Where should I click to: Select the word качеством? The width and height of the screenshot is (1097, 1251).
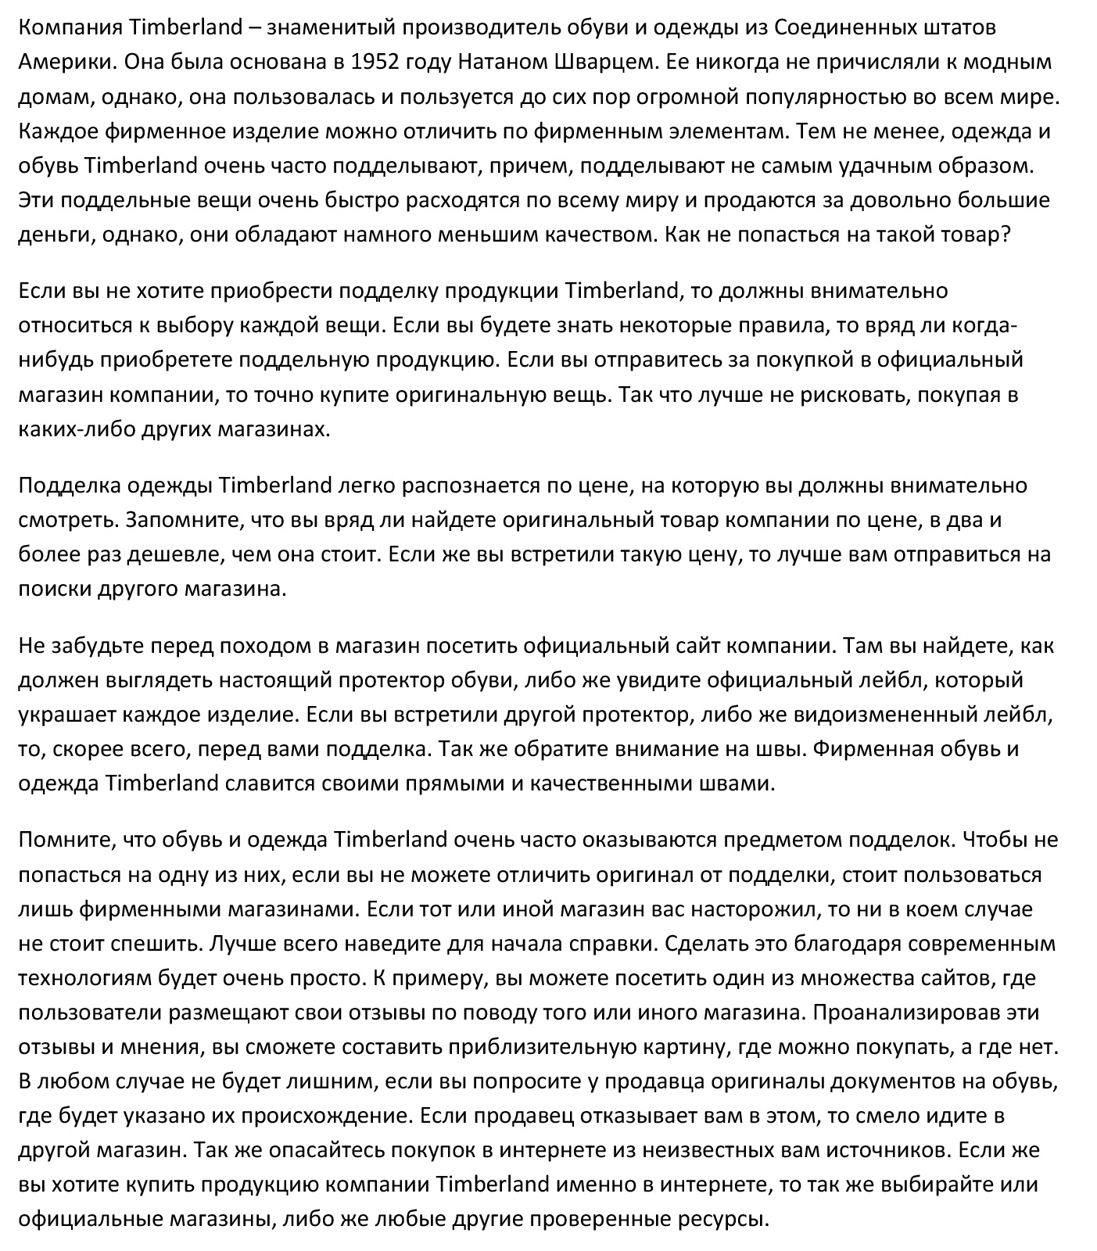tap(593, 235)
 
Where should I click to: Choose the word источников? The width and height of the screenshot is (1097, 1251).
tap(888, 1150)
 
